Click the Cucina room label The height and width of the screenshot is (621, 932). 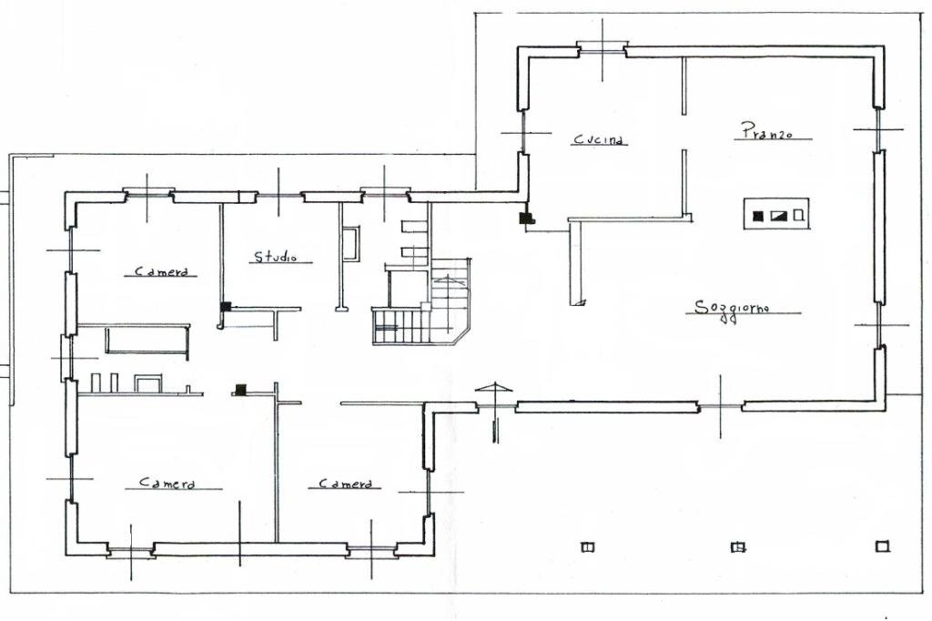coord(599,140)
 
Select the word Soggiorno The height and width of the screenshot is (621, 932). coord(732,308)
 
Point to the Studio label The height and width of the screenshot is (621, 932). coord(276,258)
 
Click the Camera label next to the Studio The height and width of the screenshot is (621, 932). coord(163,270)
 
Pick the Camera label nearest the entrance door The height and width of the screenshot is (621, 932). coord(345,484)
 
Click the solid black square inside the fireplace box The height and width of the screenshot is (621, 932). coord(757,216)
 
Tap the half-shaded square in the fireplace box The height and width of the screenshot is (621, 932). coord(778,216)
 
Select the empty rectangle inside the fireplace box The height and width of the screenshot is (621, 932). coord(798,216)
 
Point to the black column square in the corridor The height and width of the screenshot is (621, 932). coord(241,390)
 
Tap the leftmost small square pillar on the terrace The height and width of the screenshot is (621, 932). coord(587,547)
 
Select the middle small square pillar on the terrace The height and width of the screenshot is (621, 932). coord(739,547)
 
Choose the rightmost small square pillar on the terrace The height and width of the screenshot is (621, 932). coord(881,546)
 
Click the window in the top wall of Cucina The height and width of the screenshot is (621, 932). coord(603,49)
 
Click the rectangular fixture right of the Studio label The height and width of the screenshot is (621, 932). coord(350,244)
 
